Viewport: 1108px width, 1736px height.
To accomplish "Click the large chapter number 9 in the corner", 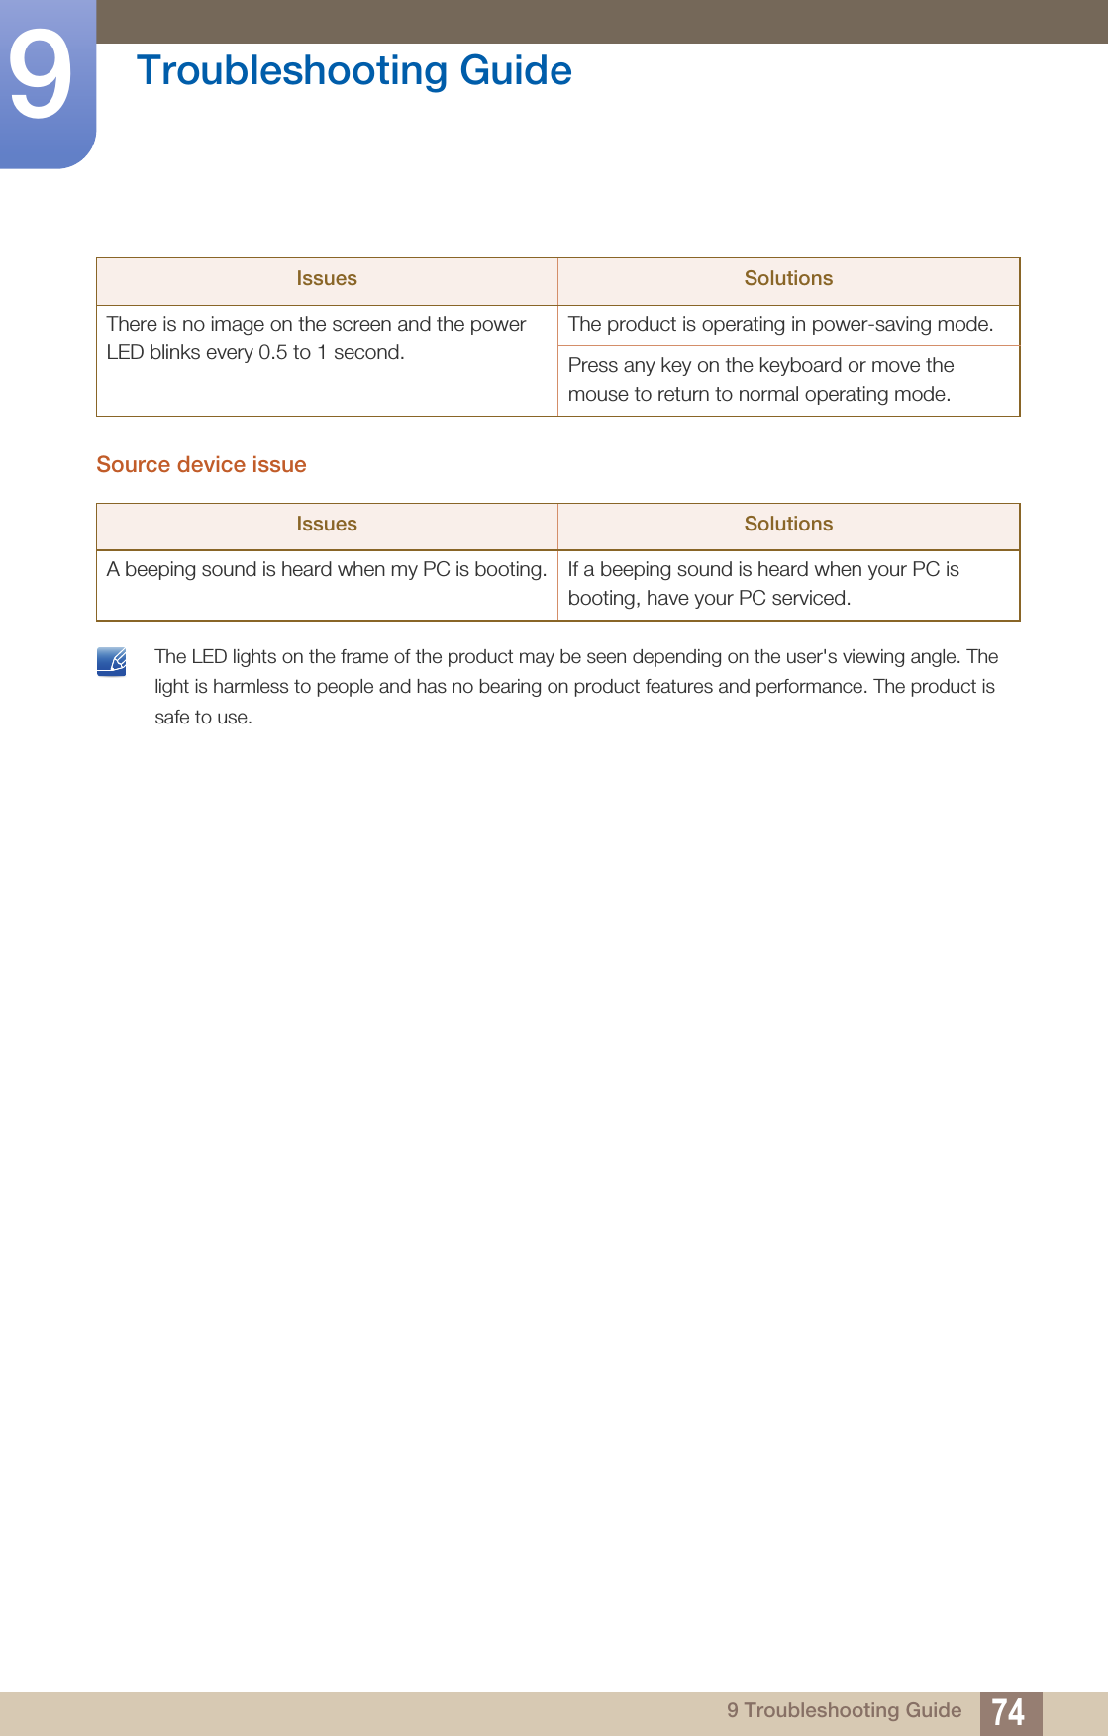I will click(41, 75).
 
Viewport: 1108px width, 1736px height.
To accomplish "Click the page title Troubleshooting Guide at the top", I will click(353, 71).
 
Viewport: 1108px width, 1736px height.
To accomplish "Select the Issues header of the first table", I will click(327, 279).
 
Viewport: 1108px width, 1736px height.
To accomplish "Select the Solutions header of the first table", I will click(788, 279).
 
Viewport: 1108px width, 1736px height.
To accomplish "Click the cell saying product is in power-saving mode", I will click(780, 325).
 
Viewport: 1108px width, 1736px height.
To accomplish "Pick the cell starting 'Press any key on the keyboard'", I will click(760, 380).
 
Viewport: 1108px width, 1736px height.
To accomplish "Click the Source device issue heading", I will click(201, 465).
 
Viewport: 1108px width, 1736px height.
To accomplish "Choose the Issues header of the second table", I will click(327, 525).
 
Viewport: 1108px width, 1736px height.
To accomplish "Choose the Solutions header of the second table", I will click(788, 525).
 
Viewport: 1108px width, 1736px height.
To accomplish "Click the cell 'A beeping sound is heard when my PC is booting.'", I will click(327, 570).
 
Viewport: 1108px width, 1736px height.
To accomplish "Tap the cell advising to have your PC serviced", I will click(763, 584).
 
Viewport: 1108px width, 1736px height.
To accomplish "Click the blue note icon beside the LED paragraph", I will click(112, 661).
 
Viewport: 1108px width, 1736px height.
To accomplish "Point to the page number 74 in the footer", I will click(1008, 1712).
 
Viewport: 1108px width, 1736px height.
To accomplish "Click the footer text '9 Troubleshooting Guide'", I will click(844, 1711).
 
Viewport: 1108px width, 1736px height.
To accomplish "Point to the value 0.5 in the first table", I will click(272, 353).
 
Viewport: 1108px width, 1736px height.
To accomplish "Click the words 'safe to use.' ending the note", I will click(203, 718).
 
